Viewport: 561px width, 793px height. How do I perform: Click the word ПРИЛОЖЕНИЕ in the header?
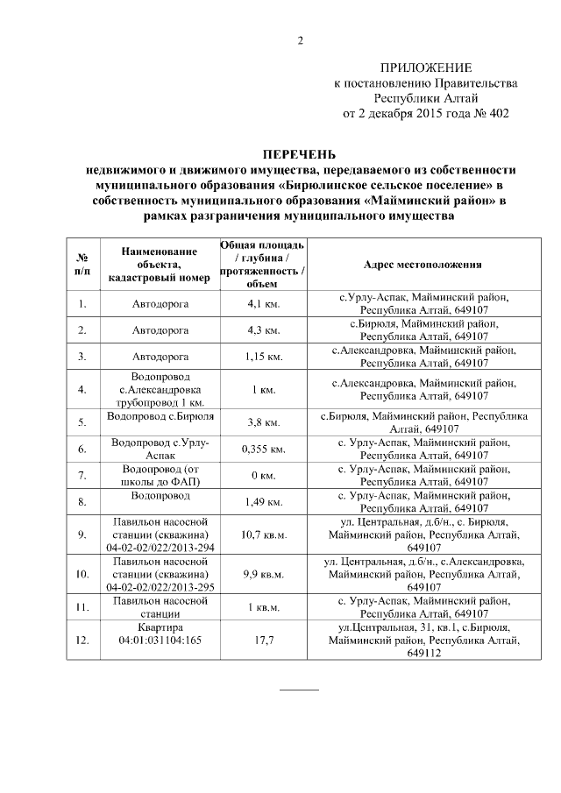(425, 68)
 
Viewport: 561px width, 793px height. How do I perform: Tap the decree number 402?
(495, 113)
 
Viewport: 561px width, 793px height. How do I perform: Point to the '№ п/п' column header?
(82, 265)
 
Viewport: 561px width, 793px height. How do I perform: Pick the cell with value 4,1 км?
(261, 304)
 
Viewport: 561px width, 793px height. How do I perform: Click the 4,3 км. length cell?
(261, 330)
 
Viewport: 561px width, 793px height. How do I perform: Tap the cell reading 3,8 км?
(261, 422)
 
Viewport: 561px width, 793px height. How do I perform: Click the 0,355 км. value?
(261, 450)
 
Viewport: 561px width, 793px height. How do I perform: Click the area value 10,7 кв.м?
(261, 535)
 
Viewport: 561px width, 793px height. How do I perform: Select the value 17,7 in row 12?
(261, 641)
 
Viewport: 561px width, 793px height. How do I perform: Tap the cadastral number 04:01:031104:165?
(160, 641)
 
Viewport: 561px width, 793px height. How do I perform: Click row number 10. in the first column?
(82, 574)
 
